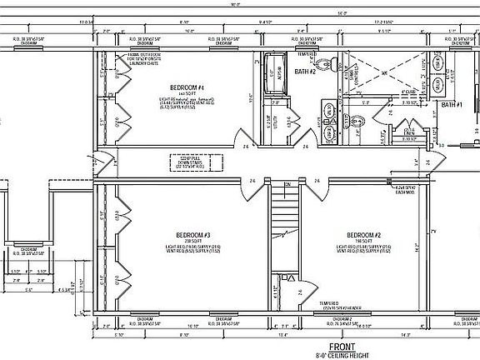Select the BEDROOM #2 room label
(364, 234)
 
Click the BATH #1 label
(451, 105)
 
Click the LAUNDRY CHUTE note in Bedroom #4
(152, 61)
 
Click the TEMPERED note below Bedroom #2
(330, 303)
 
